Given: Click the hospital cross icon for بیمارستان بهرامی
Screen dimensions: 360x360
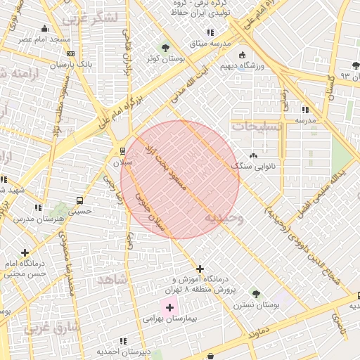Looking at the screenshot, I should pos(169,307).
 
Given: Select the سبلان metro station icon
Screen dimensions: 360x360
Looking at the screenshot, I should pos(123,150).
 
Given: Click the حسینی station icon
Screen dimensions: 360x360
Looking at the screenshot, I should pos(79,200).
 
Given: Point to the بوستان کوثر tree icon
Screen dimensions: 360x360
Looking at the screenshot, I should pos(165,48).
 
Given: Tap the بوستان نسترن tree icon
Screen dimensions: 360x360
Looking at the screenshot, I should pos(255,293).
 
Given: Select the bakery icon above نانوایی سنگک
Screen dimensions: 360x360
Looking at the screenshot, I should pos(253,155).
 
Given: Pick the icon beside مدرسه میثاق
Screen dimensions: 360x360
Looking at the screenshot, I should pos(210,32).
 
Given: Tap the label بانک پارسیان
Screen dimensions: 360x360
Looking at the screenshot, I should pos(71,65).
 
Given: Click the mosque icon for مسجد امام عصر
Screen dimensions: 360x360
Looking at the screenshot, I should pos(45,28).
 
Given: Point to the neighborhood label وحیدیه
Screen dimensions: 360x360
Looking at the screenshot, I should pos(224,219).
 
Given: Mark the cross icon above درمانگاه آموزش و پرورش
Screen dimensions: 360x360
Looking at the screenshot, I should pos(200,269).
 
